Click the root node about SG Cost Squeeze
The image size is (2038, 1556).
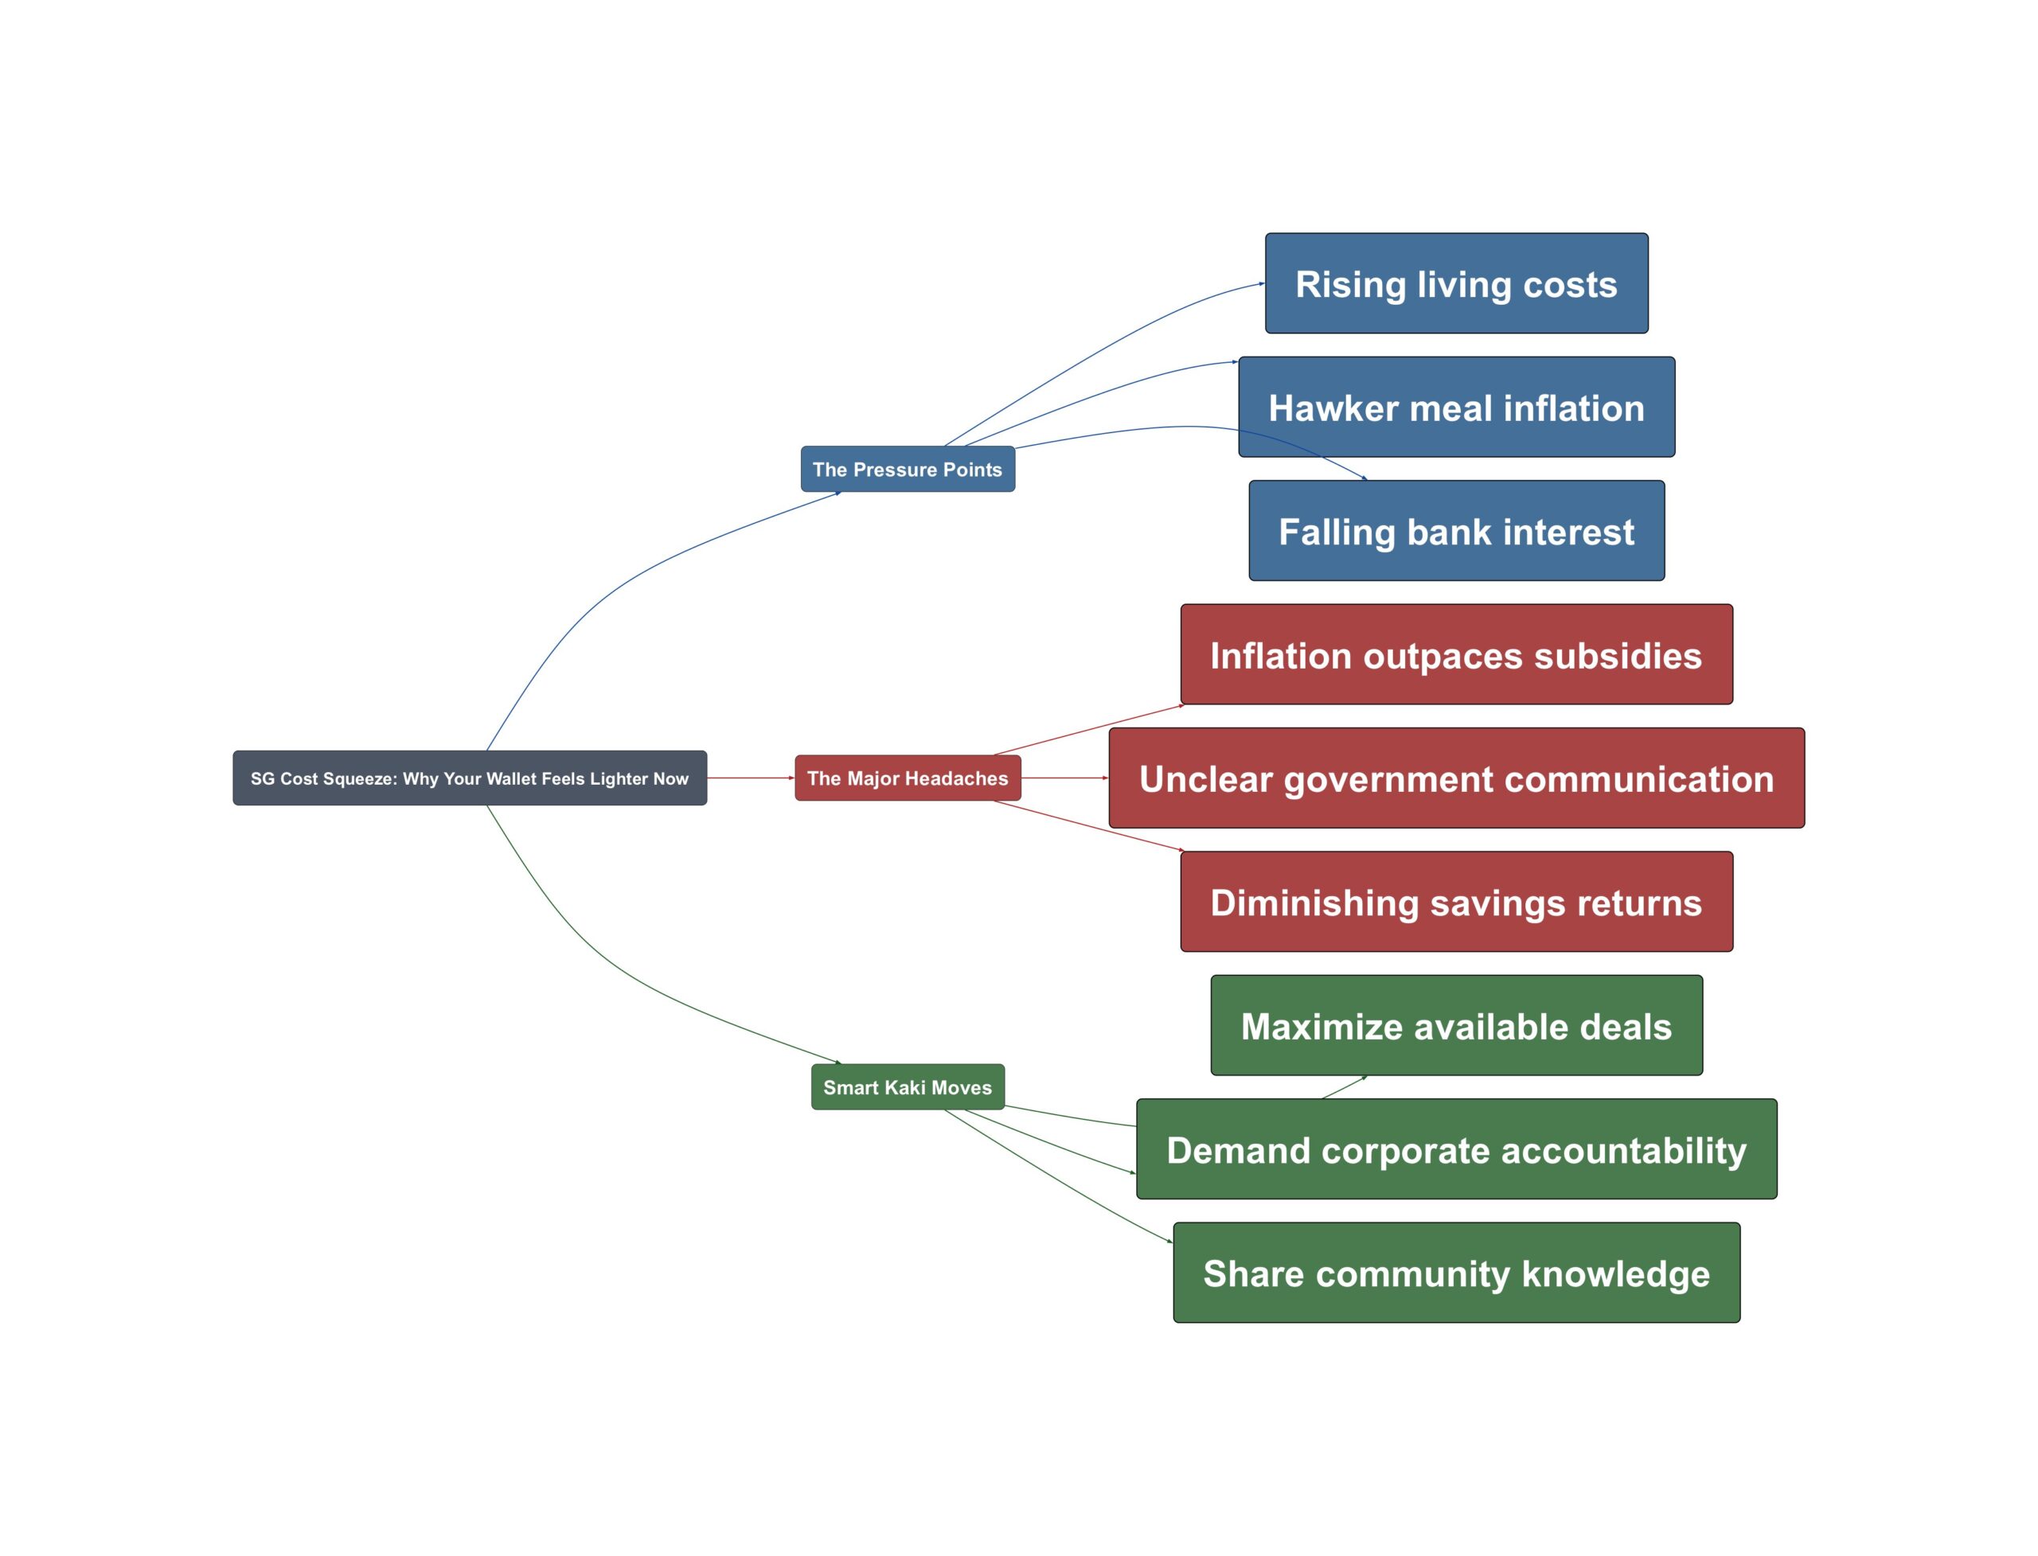[470, 778]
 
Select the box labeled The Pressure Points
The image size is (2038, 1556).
[908, 469]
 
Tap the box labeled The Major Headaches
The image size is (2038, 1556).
[908, 778]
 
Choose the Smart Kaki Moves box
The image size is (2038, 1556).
[908, 1086]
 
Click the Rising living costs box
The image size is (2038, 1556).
[1456, 283]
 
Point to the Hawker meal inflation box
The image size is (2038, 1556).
[1456, 407]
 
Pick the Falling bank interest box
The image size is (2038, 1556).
[1456, 531]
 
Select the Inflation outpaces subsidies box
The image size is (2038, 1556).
[1456, 654]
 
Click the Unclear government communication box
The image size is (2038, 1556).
[1456, 778]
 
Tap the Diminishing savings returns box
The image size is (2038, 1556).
[1456, 901]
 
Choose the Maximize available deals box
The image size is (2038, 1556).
[1456, 1025]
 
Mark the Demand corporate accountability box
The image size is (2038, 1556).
[1456, 1148]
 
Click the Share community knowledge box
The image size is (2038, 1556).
[1456, 1273]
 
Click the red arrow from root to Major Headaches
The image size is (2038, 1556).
[751, 778]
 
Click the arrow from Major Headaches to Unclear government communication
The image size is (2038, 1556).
[1065, 778]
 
